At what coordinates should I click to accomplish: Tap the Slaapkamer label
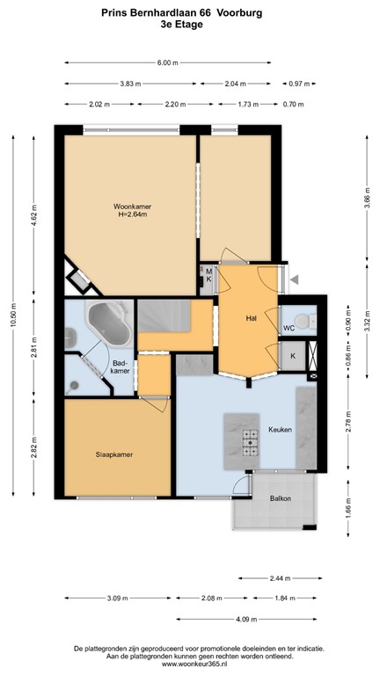tap(114, 454)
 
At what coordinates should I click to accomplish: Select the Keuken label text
tap(281, 431)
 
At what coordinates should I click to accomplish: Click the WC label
tap(289, 328)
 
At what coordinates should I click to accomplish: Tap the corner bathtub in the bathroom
tap(107, 324)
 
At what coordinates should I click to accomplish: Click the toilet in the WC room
tap(303, 322)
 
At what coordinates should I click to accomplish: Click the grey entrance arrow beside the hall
tap(296, 279)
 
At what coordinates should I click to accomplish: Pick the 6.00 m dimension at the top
tap(167, 62)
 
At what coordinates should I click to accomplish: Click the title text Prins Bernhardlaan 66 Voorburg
tap(190, 13)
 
